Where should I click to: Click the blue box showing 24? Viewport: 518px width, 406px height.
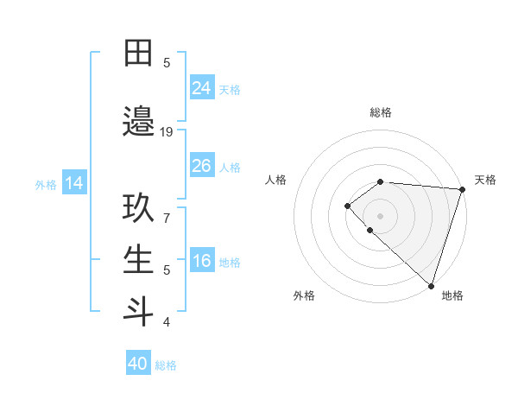point(202,88)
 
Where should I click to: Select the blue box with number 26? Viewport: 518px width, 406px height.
point(202,166)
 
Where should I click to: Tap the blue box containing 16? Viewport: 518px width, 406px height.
point(202,262)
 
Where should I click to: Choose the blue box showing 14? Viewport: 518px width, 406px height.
point(74,183)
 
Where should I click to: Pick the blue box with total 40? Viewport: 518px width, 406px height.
point(138,364)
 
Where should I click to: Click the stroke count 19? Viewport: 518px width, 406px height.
point(167,131)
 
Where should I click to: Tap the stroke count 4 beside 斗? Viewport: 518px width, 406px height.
point(167,322)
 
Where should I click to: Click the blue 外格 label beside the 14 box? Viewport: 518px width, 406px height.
point(46,184)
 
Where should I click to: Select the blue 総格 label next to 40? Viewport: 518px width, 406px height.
point(167,365)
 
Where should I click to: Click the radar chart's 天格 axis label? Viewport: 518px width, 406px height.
point(485,180)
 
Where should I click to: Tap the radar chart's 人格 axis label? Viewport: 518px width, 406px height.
point(275,180)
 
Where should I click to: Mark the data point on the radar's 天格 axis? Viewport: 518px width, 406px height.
point(462,189)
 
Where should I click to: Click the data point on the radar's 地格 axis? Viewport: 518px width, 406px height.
point(431,285)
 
